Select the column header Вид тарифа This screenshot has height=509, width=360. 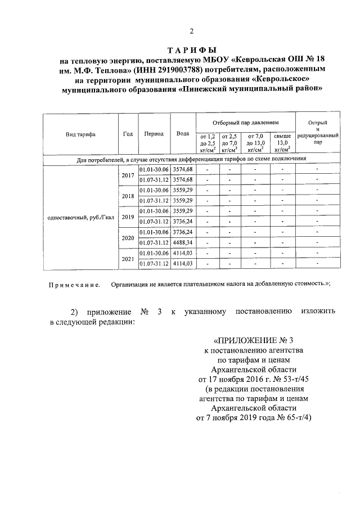pos(80,134)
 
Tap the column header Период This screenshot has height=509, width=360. pos(154,134)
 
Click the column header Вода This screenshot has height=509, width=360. pos(182,134)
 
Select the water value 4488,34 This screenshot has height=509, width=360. pos(182,242)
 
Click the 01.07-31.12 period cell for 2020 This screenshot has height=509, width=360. pos(154,242)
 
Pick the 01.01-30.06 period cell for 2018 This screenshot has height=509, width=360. pos(154,190)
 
